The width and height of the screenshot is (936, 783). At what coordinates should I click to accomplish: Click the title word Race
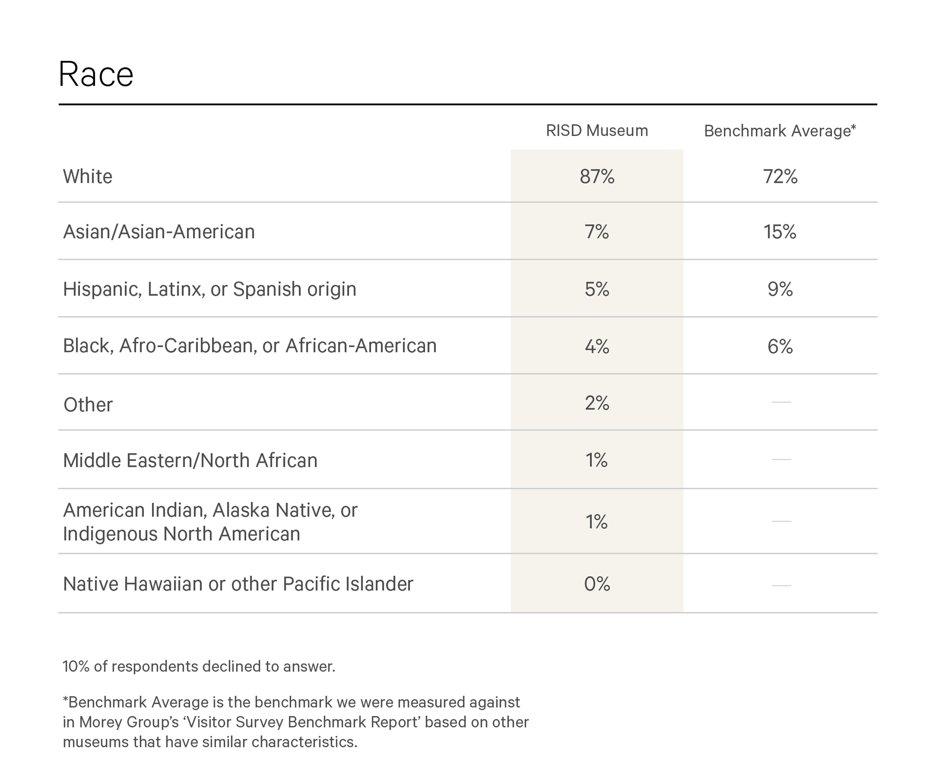(96, 75)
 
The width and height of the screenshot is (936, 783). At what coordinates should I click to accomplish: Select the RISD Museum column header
(597, 131)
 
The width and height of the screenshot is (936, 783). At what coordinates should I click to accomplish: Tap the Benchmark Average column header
(780, 131)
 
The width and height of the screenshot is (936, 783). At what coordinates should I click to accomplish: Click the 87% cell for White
(597, 176)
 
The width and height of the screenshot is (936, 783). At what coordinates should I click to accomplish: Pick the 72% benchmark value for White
(780, 176)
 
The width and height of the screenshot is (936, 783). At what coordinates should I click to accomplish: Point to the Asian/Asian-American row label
(159, 231)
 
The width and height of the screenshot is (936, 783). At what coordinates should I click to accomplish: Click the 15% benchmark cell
(780, 231)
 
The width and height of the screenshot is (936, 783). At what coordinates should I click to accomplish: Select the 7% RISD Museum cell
(597, 231)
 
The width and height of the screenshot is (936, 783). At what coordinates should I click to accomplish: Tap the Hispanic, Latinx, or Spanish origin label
(210, 289)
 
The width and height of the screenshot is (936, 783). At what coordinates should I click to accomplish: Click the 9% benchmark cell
(780, 289)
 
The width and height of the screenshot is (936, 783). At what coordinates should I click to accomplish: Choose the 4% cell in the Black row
(597, 346)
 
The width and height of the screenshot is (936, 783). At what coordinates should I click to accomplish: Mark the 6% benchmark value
(780, 346)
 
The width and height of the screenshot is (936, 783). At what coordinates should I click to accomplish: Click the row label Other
(88, 404)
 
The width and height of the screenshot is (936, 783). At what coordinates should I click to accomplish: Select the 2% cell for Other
(597, 403)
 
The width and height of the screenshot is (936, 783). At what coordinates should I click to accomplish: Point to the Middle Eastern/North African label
(190, 460)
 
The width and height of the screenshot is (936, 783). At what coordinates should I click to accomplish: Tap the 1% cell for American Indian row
(597, 522)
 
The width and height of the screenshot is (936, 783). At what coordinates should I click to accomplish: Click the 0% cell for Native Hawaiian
(597, 584)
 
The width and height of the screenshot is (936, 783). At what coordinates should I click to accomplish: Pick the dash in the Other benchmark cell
(781, 402)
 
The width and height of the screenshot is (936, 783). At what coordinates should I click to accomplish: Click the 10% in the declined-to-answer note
(76, 666)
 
